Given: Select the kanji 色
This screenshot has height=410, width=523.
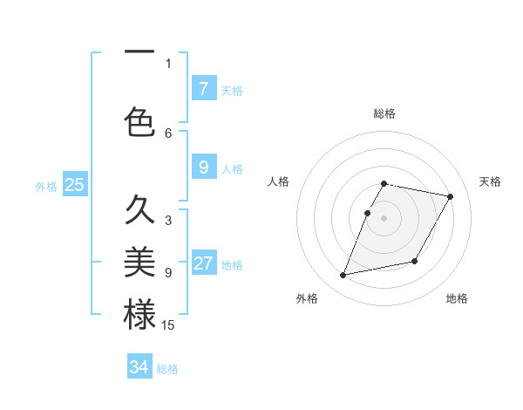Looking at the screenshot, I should [x=139, y=122].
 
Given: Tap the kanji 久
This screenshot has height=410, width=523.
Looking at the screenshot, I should [x=139, y=210].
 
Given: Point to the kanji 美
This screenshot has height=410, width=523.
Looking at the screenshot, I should [x=139, y=263].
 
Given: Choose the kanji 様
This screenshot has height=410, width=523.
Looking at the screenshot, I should [x=139, y=315].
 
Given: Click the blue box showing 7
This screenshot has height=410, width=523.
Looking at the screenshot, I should [x=203, y=89].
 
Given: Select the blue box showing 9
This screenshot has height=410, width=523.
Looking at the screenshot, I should [x=203, y=167].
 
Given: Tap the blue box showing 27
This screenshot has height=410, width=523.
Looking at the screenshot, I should [x=203, y=264].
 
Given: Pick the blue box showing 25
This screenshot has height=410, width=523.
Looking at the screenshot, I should [x=74, y=185].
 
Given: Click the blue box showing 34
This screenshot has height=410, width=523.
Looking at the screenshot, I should [x=139, y=367].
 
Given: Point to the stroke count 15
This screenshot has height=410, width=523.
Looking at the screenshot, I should [x=168, y=325].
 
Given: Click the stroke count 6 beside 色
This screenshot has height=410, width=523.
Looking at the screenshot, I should [x=168, y=133].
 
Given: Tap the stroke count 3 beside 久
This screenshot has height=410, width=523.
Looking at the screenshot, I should [x=168, y=221].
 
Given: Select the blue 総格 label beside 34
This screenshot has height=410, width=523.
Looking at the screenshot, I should [x=167, y=369].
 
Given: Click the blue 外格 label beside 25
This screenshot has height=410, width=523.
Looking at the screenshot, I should [x=46, y=186].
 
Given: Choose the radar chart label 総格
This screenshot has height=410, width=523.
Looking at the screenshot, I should [x=384, y=113].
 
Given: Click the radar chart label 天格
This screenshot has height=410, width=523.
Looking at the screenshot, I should [x=490, y=181].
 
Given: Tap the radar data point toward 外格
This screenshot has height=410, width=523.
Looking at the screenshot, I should [x=343, y=276].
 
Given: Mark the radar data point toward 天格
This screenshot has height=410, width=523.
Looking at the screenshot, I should [x=451, y=197].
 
